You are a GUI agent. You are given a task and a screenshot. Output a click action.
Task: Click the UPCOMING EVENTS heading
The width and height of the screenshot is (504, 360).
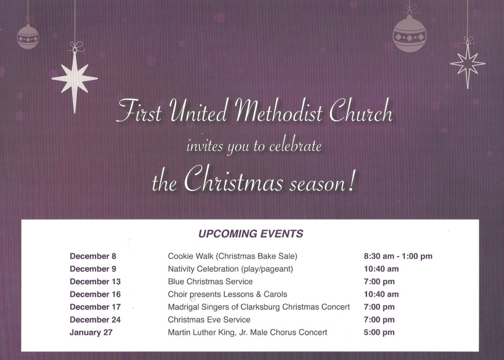tap(251, 233)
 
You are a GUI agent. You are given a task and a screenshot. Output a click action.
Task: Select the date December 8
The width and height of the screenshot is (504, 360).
tap(93, 256)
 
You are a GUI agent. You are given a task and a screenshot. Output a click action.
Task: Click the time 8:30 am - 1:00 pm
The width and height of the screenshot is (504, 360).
tap(398, 256)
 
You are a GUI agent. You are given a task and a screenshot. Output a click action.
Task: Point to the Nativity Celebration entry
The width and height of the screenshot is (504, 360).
tap(230, 269)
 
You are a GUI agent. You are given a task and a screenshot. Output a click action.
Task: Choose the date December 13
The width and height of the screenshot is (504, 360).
tap(95, 282)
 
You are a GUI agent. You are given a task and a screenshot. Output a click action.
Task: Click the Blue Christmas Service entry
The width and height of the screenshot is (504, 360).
tap(210, 282)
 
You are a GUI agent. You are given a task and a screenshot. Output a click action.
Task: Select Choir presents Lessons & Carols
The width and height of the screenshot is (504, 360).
tap(227, 295)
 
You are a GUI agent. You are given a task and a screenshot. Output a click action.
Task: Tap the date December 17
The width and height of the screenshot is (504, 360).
tap(95, 307)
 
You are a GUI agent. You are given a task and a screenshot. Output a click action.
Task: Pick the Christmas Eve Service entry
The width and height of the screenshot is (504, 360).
tap(209, 320)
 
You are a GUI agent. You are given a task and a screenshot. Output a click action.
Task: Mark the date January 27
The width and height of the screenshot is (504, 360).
tap(91, 332)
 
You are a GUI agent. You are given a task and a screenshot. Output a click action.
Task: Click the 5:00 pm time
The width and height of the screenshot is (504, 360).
tap(379, 332)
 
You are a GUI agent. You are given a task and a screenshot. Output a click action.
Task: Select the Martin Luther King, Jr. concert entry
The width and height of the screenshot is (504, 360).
tap(248, 332)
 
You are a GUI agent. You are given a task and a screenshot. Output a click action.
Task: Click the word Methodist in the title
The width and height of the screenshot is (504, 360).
tap(279, 111)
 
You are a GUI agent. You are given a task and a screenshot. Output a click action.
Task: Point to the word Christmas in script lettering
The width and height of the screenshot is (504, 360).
tap(233, 180)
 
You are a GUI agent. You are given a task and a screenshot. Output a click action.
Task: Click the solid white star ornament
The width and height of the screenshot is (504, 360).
tap(75, 79)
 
